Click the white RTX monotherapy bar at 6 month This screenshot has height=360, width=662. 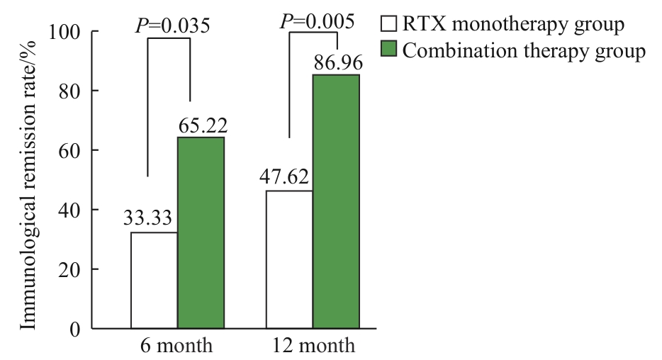154,281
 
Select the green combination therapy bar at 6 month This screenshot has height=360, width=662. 201,233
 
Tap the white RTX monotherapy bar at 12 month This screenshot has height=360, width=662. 289,259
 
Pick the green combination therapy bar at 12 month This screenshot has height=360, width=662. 336,201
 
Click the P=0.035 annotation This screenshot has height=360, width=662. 172,26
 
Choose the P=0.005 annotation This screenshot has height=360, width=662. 317,21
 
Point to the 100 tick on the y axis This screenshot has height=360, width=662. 65,33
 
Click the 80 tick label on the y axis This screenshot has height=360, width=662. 71,91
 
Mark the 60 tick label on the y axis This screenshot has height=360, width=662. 71,151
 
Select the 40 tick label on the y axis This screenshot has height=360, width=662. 71,210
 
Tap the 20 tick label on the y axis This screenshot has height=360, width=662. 71,270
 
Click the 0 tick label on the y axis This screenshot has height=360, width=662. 76,329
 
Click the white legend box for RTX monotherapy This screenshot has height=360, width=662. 389,25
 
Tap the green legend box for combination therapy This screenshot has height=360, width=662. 389,50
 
